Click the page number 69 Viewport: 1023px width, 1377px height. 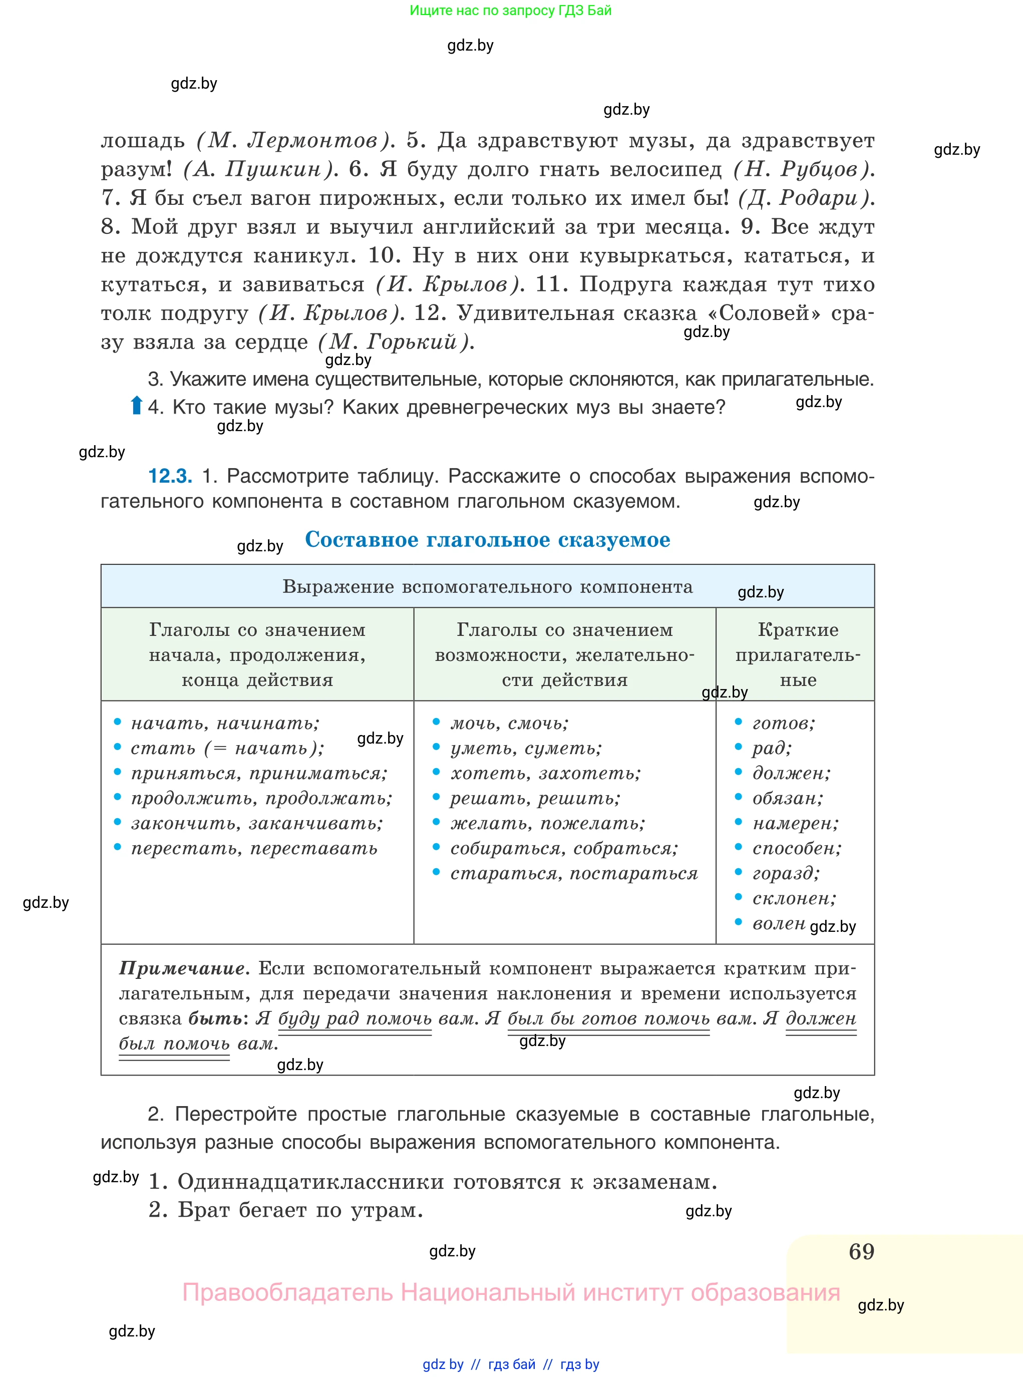pyautogui.click(x=861, y=1251)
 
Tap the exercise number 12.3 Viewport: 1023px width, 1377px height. pyautogui.click(x=170, y=476)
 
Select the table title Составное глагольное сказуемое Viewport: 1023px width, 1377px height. pyautogui.click(x=487, y=539)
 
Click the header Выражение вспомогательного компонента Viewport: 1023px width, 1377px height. pyautogui.click(x=487, y=586)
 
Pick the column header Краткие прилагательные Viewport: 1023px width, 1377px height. pyautogui.click(x=798, y=654)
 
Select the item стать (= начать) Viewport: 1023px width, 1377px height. pyautogui.click(x=227, y=748)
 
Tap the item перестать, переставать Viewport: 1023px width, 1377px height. pyautogui.click(x=254, y=848)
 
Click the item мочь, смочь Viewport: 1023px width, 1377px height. pyautogui.click(x=509, y=723)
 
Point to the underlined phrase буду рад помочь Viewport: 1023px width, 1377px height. pyautogui.click(x=355, y=1018)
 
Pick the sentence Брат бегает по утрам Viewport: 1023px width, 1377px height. pyautogui.click(x=285, y=1209)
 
